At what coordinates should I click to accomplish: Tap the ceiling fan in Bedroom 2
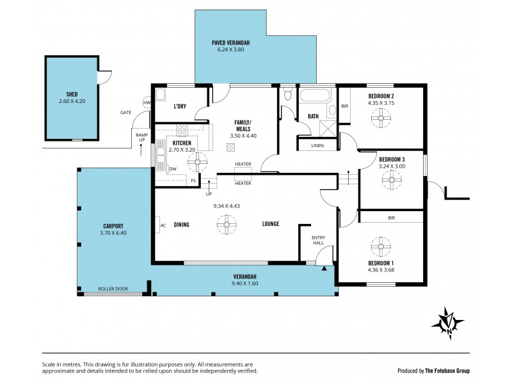click(x=381, y=116)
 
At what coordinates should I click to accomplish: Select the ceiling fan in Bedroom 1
click(x=381, y=245)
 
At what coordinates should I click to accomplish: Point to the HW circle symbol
click(x=147, y=103)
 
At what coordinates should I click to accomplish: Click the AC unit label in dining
click(x=163, y=225)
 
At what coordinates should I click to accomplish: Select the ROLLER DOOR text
click(x=113, y=289)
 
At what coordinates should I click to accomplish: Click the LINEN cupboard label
click(x=317, y=146)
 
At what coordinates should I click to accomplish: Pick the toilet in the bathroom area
click(x=288, y=96)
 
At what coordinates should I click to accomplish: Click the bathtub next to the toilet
click(x=314, y=98)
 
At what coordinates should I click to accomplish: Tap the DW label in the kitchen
click(x=173, y=169)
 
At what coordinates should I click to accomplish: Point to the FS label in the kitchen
click(x=193, y=181)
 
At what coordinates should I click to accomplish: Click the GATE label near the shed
click(x=125, y=112)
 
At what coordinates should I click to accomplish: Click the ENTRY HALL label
click(x=318, y=240)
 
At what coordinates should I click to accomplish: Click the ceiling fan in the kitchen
click(x=193, y=163)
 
